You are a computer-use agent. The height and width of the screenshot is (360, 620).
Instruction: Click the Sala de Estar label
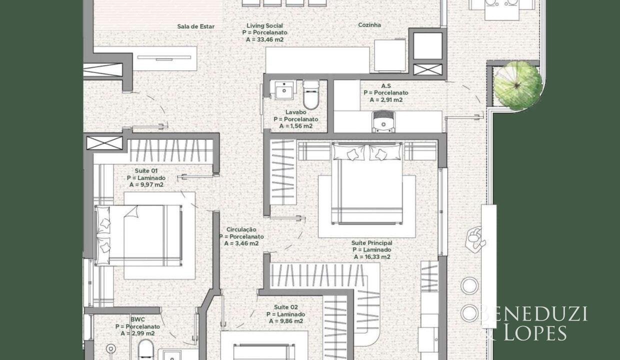pos(195,26)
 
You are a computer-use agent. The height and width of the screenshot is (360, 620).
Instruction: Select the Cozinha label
pos(369,25)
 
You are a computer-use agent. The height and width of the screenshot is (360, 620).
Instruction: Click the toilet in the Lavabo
pos(311,95)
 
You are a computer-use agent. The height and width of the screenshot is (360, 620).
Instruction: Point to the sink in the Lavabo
pos(284,90)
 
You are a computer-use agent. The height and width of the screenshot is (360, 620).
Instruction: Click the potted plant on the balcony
pos(518,85)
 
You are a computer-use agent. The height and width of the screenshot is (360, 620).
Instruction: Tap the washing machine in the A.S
pos(383,122)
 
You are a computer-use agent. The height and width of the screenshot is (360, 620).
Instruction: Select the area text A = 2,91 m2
pos(386,100)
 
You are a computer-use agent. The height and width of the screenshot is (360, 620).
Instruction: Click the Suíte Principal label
pos(371,243)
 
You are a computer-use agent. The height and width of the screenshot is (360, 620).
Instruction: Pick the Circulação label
pos(241,229)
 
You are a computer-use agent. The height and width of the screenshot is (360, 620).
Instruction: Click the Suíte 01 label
pos(146,170)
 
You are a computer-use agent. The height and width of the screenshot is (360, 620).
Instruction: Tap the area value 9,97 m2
pos(151,185)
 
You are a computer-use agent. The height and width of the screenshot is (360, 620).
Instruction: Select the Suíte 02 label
pos(286,307)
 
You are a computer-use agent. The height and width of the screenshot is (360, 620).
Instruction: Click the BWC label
pos(137,319)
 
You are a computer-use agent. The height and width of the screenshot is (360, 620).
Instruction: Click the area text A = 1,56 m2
pos(296,126)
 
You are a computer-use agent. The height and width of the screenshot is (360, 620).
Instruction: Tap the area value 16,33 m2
pos(377,257)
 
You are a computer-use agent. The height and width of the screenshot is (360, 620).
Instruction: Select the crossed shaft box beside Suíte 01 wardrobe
pos(104,143)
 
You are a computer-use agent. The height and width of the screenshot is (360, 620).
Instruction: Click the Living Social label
pos(264,25)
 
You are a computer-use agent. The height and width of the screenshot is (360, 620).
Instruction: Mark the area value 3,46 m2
pos(247,244)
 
